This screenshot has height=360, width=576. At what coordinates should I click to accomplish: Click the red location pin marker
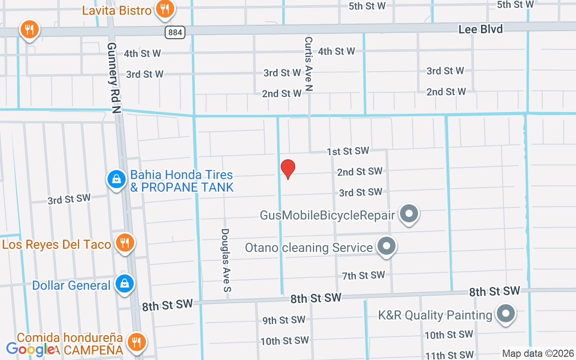coord(288,169)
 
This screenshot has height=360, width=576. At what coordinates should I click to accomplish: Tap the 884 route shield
coord(175,32)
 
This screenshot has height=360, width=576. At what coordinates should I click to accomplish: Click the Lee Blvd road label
coord(481,29)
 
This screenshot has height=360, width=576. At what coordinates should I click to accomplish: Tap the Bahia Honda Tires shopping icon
coord(117,179)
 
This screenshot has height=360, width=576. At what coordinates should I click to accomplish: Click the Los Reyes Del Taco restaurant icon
coord(125,243)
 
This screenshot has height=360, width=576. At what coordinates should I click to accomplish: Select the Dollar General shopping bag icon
coord(125,283)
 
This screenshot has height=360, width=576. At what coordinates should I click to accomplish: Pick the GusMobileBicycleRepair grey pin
coord(409,214)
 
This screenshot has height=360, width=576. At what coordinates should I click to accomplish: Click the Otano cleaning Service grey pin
coord(386,246)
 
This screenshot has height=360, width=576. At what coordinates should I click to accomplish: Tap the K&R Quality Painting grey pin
coord(505,314)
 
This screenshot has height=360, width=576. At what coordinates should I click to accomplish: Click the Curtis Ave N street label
coord(308,64)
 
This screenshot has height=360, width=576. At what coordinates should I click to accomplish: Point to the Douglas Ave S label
coord(225,260)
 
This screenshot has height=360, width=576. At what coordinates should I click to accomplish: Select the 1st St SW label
coord(348,151)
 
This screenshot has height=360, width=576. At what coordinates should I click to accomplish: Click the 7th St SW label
coord(363,275)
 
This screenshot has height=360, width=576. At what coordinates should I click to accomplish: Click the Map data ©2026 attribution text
coord(538,353)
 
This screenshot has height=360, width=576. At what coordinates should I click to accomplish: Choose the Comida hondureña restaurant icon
coord(135,342)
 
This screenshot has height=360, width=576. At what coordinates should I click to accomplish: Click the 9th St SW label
coord(284,320)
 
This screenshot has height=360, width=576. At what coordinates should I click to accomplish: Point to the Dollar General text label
coord(71,285)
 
